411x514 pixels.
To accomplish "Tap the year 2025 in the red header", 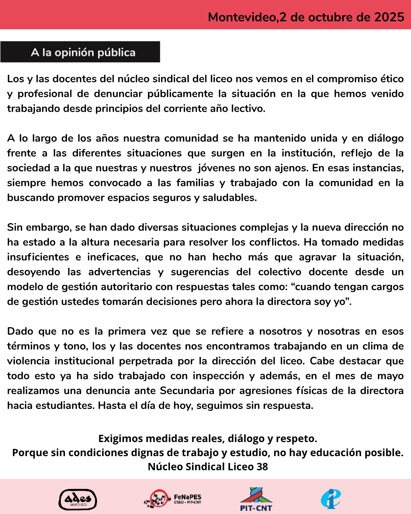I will point(389,17).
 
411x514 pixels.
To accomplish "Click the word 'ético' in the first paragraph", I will point(392,79).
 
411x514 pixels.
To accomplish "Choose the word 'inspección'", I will point(218,376).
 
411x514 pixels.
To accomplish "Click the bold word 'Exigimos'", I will point(120,439).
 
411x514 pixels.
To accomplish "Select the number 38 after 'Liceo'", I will point(262,467).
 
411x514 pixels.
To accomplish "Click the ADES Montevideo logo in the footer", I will point(78,500).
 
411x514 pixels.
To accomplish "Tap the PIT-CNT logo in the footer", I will point(256,499).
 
